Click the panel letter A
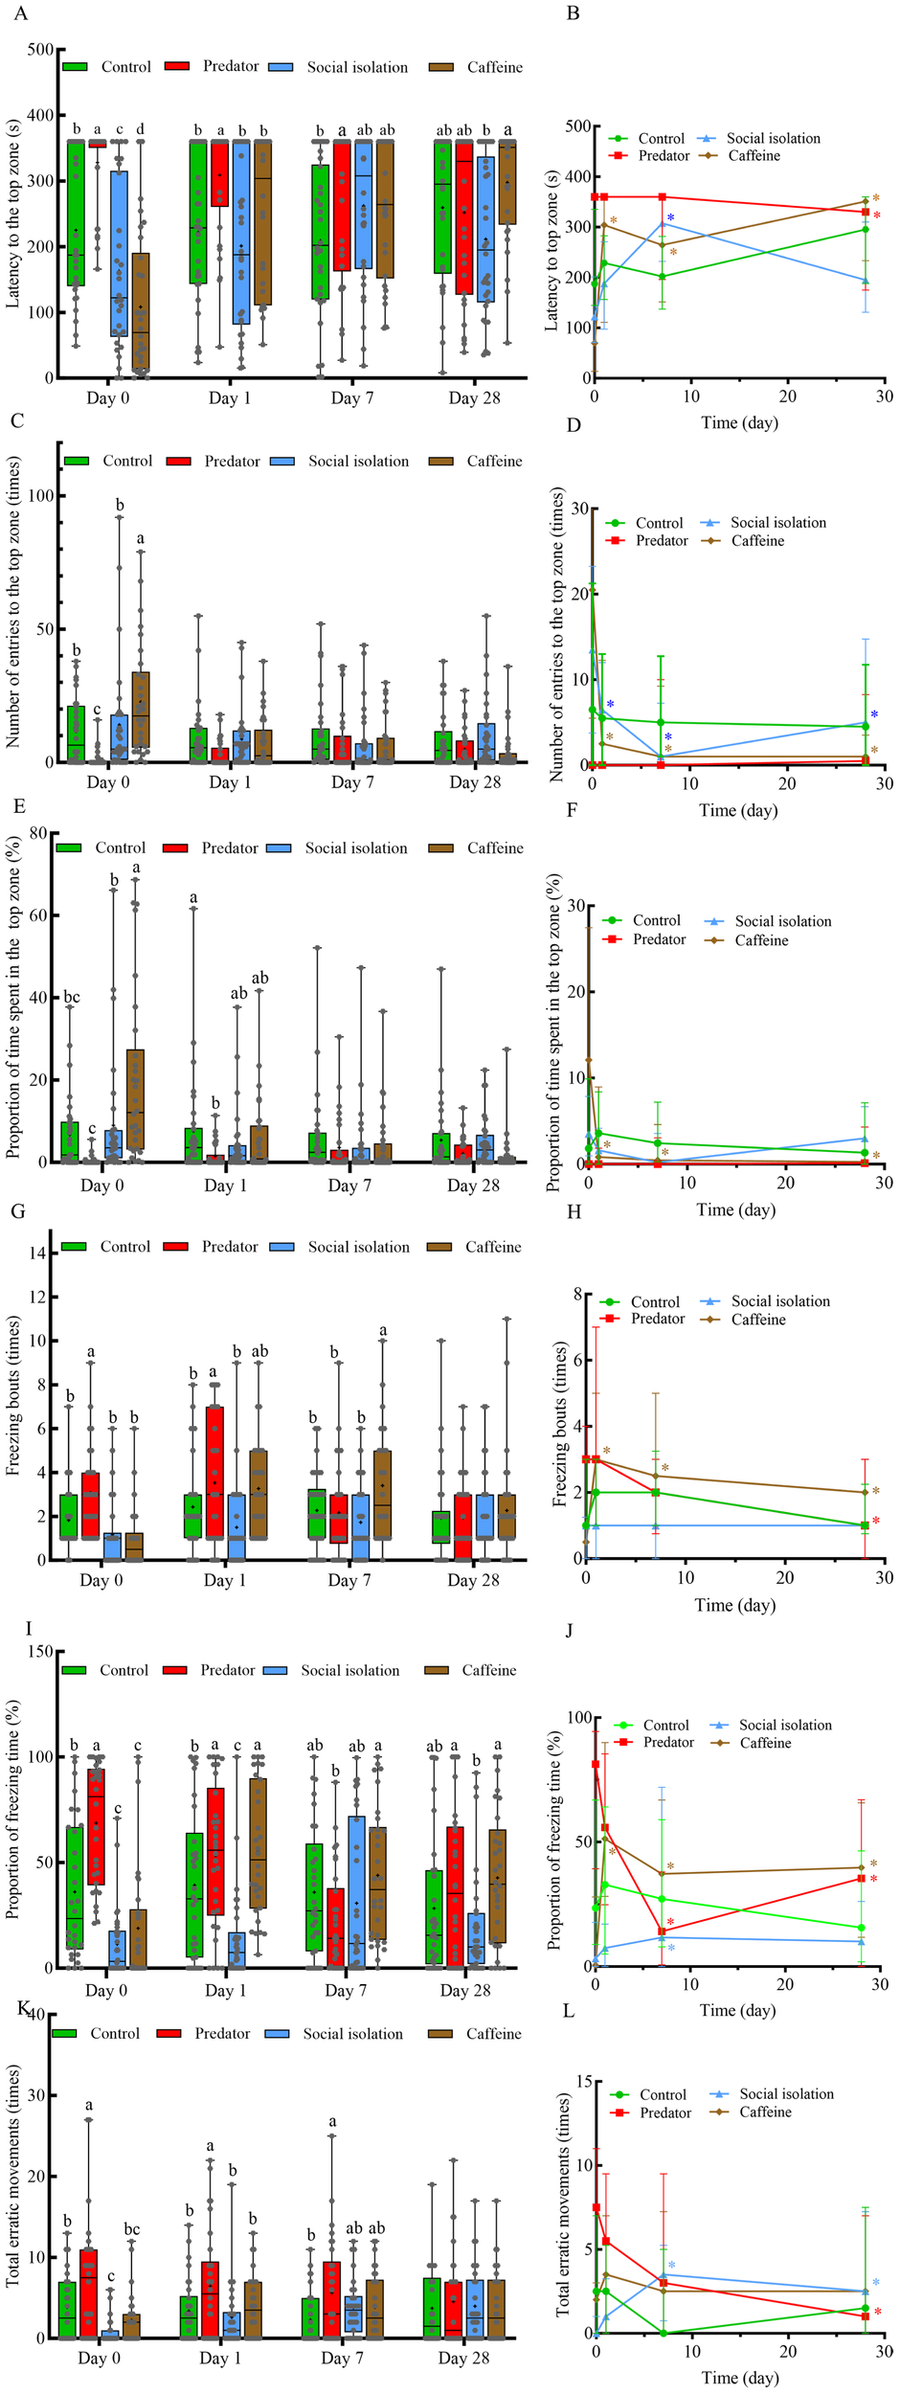21,13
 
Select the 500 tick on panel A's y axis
40,50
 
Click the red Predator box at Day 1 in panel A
219,173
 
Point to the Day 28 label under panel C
475,782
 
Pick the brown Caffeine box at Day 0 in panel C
141,709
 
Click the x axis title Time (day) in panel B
738,422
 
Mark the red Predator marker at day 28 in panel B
866,212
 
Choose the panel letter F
572,810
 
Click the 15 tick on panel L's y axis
578,2080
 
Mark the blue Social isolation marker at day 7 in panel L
663,2274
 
